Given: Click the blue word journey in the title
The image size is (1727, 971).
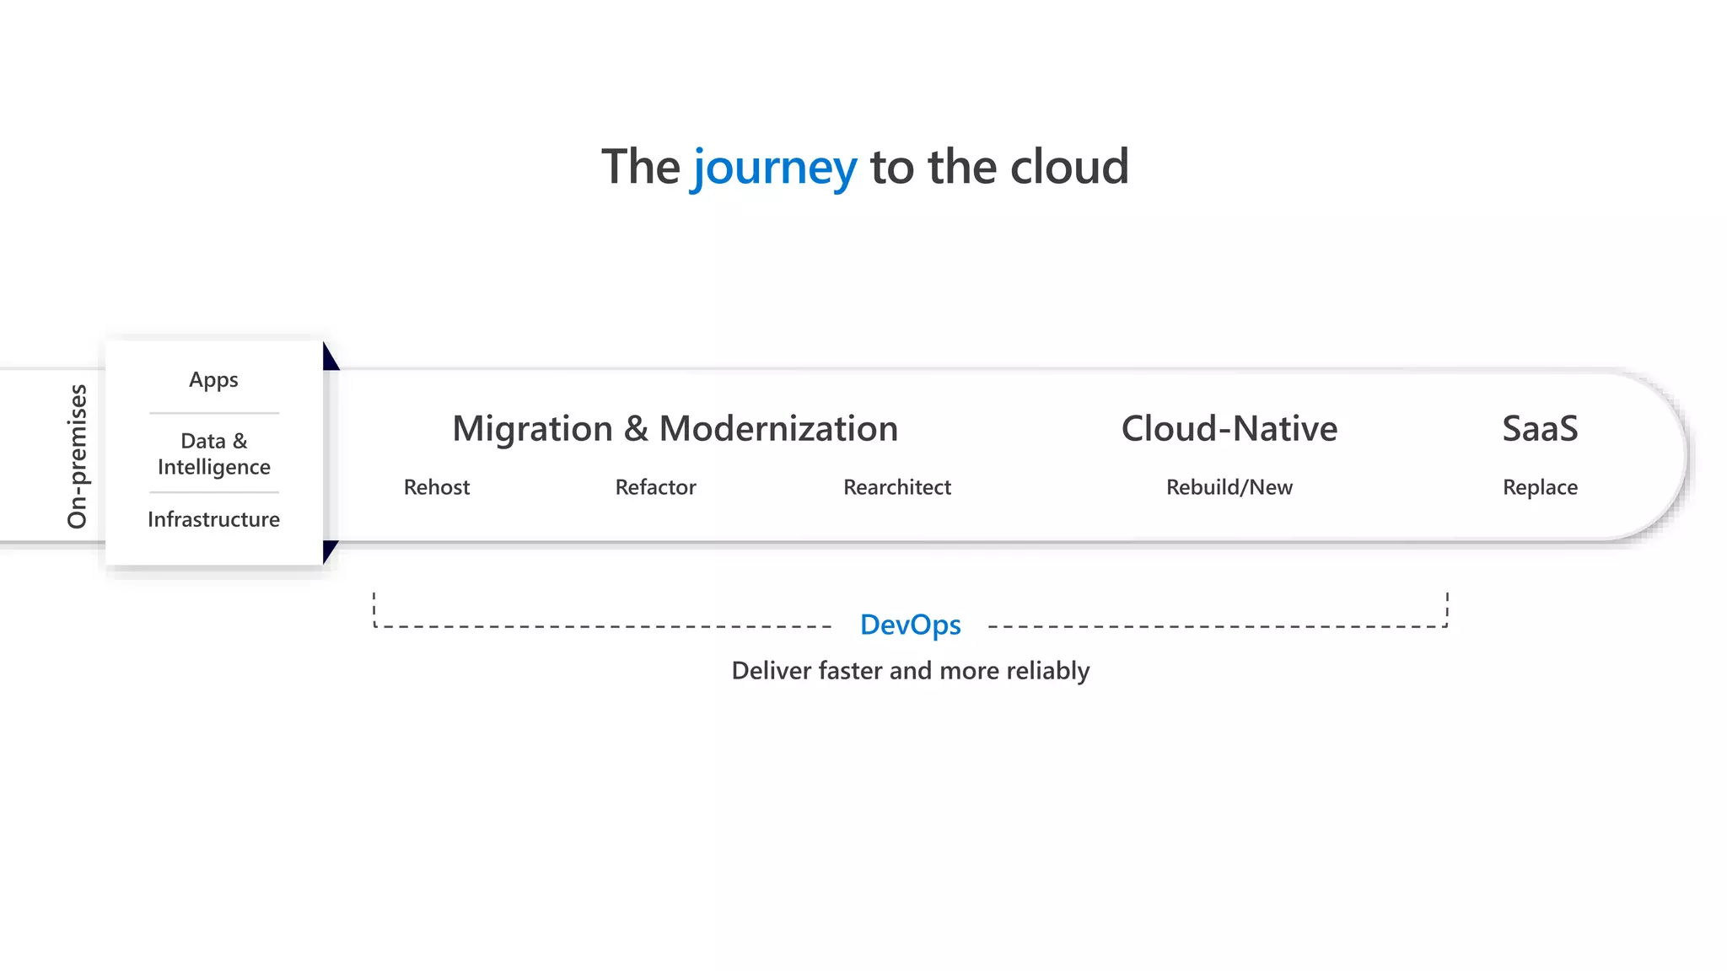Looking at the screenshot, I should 774,167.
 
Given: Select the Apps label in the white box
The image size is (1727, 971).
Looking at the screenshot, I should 213,379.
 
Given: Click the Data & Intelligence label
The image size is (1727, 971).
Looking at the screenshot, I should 213,453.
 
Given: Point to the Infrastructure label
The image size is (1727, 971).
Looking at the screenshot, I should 213,519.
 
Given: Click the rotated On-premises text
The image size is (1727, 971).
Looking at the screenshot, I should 77,456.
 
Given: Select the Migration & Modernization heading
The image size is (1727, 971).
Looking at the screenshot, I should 675,428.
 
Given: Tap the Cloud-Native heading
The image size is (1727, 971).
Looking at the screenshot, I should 1229,428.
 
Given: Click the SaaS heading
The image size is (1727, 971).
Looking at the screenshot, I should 1540,428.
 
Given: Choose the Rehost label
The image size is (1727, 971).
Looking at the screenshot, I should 436,487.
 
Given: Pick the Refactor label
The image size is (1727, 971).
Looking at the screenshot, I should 655,487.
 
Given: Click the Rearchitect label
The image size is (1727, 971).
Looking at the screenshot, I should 896,487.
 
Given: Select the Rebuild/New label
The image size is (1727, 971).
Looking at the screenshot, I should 1229,487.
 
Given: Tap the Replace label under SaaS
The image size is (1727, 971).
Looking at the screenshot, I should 1540,487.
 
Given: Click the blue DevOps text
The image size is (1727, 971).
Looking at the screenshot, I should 910,625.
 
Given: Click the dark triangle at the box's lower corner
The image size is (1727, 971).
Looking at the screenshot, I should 329,550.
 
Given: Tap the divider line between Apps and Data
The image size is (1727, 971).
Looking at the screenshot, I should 213,413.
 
